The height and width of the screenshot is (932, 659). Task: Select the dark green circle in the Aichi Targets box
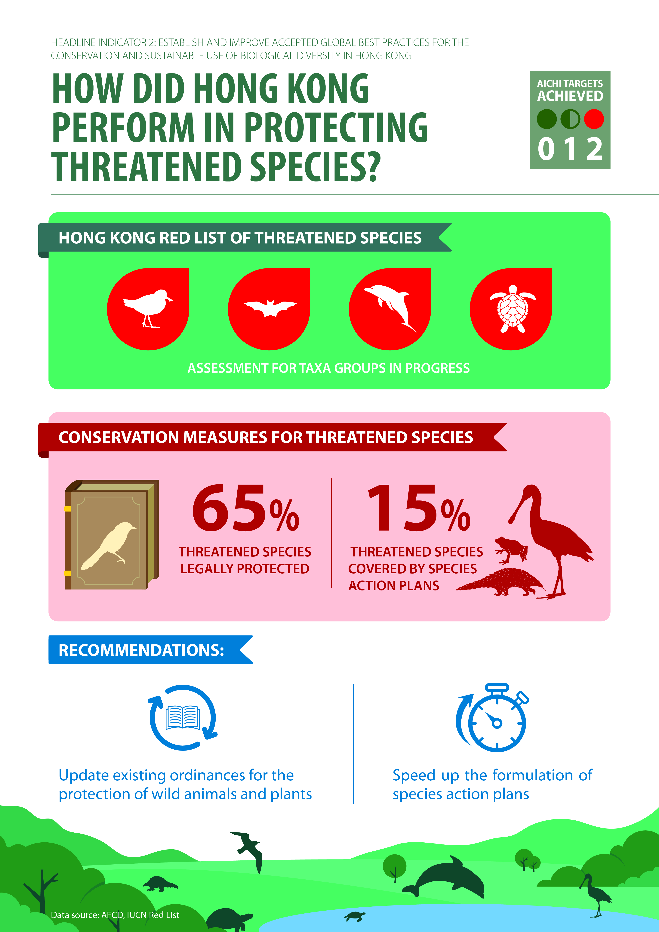click(x=547, y=119)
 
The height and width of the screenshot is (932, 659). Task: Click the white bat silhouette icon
click(x=270, y=308)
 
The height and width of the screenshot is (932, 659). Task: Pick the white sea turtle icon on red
click(x=513, y=308)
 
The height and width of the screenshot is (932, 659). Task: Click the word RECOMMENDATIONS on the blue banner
click(x=141, y=650)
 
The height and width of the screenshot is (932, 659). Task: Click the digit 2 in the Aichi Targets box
click(x=594, y=149)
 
